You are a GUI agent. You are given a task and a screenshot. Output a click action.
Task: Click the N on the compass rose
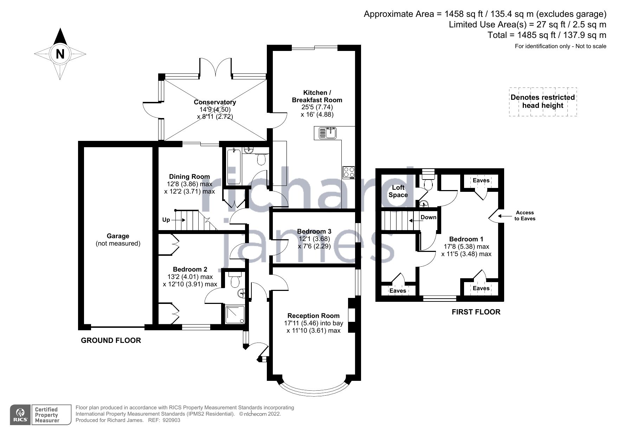[60, 54]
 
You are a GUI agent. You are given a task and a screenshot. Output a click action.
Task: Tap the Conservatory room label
[215, 102]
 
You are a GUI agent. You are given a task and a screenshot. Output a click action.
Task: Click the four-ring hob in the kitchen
[349, 172]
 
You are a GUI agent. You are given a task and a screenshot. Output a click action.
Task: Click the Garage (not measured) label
[118, 240]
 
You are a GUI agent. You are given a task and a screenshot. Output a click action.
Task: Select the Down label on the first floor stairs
[428, 217]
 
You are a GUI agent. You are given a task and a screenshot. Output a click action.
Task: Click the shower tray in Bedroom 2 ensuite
[233, 314]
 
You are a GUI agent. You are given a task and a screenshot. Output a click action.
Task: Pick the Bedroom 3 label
[314, 231]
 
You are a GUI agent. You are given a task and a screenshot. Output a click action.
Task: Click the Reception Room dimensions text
[313, 327]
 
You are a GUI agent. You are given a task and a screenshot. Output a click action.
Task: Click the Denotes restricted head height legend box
[543, 102]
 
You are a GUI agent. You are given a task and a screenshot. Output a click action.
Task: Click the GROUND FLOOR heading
[111, 340]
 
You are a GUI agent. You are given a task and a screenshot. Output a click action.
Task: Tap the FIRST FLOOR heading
[476, 312]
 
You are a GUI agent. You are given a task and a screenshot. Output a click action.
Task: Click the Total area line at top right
[547, 35]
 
